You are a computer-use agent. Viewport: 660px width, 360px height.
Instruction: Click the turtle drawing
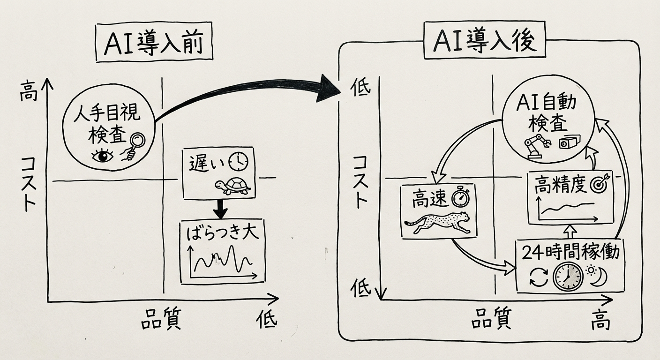coord(232,186)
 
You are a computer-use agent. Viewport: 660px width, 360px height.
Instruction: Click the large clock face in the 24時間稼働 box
coord(568,277)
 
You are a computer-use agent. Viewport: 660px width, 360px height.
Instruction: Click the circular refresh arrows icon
coord(536,277)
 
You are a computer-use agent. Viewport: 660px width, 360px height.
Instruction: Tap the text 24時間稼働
coord(570,253)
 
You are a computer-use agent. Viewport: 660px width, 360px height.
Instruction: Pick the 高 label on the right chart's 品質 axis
coord(600,322)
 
